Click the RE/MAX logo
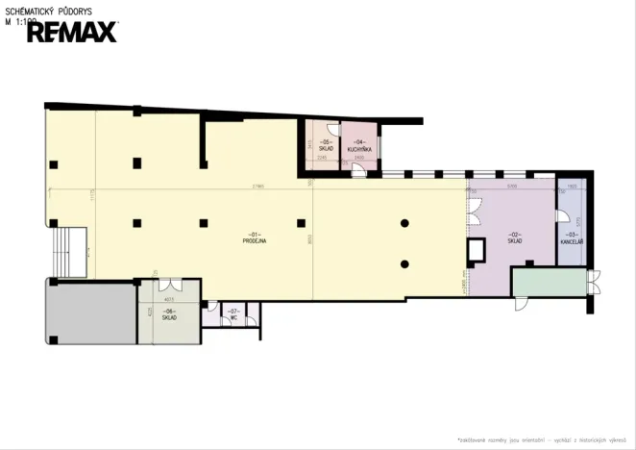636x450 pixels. tap(72, 32)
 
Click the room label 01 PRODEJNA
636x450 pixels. tap(255, 238)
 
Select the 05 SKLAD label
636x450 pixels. tap(326, 146)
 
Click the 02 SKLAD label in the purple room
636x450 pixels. tap(515, 237)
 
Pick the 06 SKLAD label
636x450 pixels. tap(169, 314)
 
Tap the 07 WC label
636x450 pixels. tap(233, 313)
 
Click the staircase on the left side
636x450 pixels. tap(67, 252)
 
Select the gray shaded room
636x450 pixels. tap(90, 312)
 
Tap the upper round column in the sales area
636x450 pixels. tap(405, 223)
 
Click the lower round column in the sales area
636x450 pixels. tap(405, 263)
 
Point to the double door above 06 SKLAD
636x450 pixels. tap(169, 286)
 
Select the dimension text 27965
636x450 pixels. tap(257, 186)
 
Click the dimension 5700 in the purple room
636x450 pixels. tap(512, 186)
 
